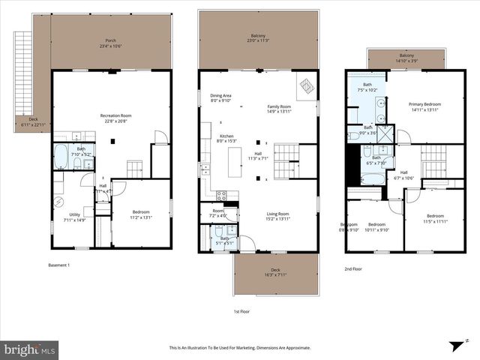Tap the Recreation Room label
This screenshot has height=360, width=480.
(116, 118)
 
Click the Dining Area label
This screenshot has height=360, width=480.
(220, 97)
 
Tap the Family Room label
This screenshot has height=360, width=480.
(279, 109)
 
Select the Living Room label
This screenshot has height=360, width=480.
(278, 216)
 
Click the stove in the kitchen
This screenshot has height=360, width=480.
(222, 196)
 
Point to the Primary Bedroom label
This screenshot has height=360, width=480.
(424, 106)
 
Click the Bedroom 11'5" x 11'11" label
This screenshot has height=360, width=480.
(435, 218)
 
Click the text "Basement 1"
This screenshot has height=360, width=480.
(58, 265)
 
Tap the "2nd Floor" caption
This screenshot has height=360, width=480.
(354, 268)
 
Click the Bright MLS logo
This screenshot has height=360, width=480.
(29, 349)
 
